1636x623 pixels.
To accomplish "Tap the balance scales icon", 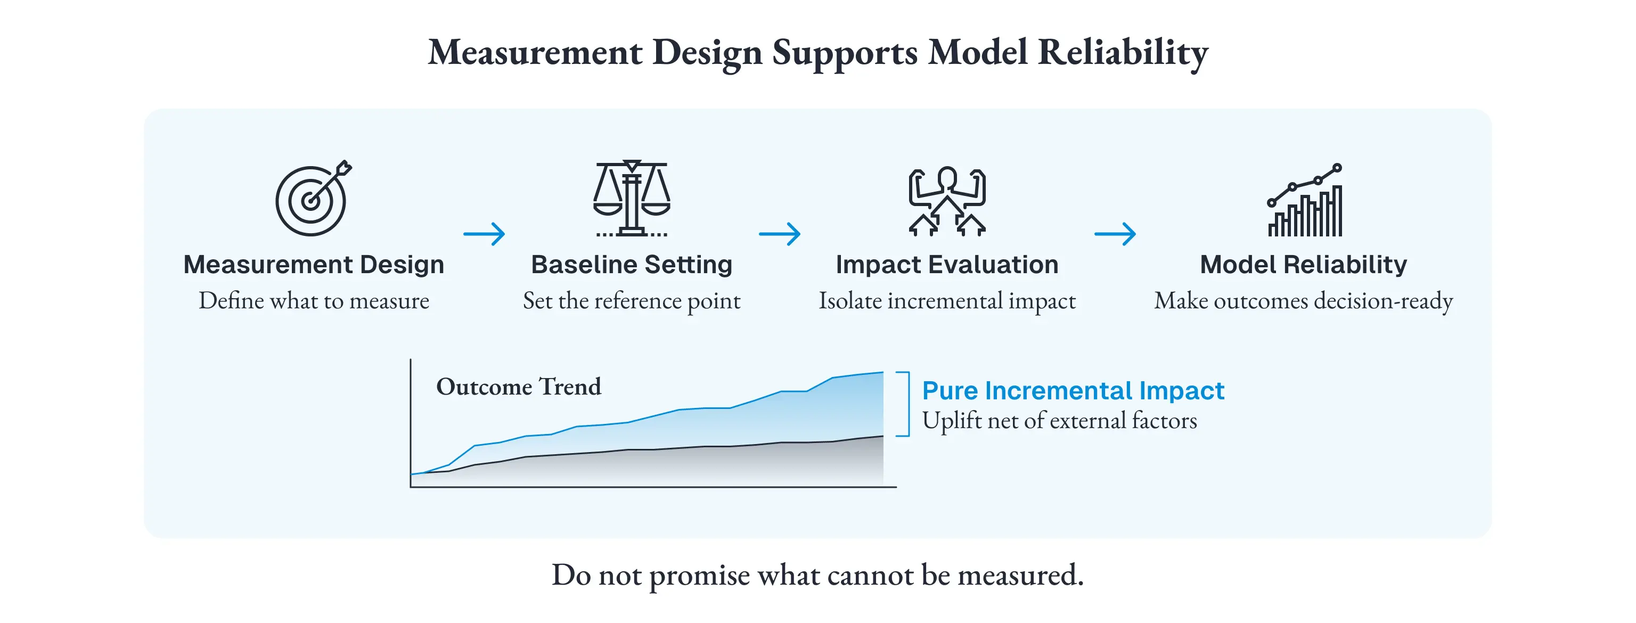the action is [x=631, y=198].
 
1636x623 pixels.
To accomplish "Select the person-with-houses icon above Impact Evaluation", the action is [x=947, y=201].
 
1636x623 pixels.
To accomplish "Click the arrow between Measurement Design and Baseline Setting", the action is [x=484, y=234].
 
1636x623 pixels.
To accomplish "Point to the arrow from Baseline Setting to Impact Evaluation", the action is [x=779, y=234].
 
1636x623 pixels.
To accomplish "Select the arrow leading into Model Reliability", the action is [x=1115, y=234].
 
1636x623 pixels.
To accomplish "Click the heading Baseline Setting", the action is [x=631, y=264].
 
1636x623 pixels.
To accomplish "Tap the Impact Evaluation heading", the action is [x=947, y=264].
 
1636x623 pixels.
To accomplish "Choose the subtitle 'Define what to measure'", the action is [x=314, y=300].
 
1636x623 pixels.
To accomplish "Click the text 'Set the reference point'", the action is [x=631, y=300].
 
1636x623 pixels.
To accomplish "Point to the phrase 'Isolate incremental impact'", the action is [x=947, y=300].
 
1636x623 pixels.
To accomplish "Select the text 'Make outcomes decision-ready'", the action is [x=1303, y=300].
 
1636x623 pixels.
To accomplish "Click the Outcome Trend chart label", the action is [x=518, y=386].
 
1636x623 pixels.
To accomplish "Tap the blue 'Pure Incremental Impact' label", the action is [x=1073, y=390].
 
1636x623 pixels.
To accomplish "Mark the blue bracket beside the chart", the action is [x=908, y=404].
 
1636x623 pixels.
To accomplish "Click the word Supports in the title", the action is [x=845, y=53].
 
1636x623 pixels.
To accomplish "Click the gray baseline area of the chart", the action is [x=699, y=467].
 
